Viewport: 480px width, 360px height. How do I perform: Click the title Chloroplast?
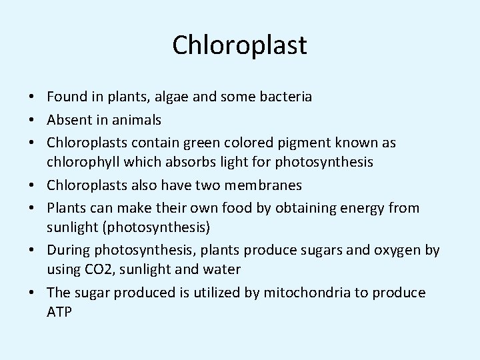[x=239, y=45]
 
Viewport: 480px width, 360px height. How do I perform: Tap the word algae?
[x=172, y=97]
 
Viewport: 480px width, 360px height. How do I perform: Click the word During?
[x=68, y=250]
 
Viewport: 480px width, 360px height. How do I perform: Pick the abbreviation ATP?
[x=59, y=312]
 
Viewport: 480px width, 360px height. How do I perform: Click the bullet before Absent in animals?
[x=32, y=120]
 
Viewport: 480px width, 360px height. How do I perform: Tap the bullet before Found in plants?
[x=32, y=97]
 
